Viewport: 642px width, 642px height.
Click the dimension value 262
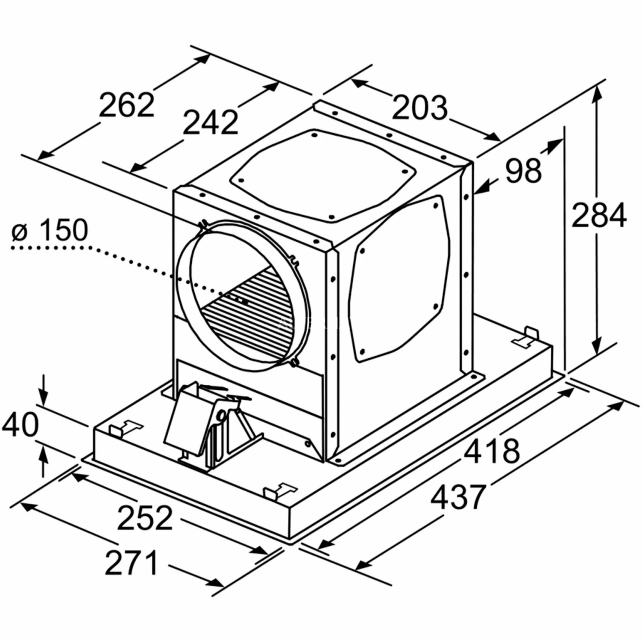[x=126, y=104]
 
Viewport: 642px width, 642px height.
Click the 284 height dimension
[x=599, y=215]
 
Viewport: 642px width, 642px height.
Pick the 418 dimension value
[x=492, y=451]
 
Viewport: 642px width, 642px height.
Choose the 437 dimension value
[x=458, y=496]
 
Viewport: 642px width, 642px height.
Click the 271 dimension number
[x=131, y=563]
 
